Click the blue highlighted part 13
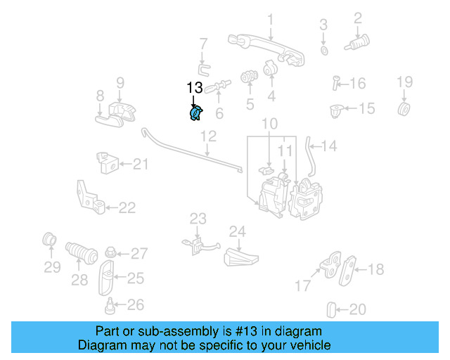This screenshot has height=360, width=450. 195,113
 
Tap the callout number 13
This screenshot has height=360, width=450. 195,88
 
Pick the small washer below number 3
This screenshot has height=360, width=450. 324,51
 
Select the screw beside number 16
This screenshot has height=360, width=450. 335,84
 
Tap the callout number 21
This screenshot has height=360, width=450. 141,165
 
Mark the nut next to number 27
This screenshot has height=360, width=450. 111,252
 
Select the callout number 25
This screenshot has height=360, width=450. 135,278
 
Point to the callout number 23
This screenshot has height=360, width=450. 198,219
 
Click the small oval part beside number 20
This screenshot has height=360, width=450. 333,309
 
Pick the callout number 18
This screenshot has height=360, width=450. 376,269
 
